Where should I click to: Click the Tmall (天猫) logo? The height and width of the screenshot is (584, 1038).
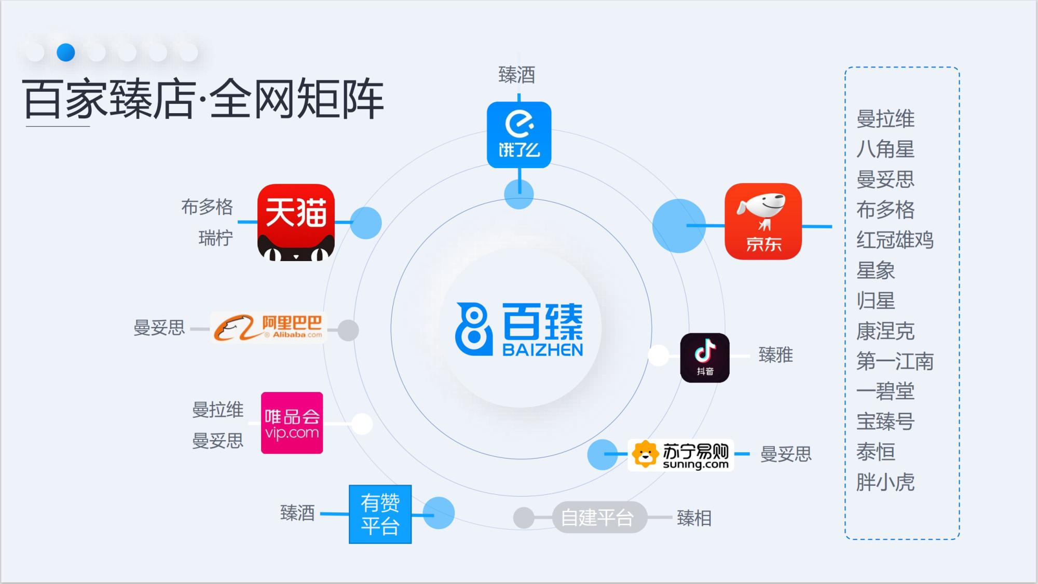[x=296, y=222]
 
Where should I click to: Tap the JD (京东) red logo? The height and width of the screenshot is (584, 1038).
[x=763, y=221]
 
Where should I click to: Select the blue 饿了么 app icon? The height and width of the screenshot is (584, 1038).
[x=519, y=135]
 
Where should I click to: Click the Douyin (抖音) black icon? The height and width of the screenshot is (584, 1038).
[x=705, y=358]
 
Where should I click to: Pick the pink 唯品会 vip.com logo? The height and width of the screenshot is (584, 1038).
[x=292, y=423]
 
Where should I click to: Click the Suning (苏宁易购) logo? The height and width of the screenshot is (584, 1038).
[x=680, y=455]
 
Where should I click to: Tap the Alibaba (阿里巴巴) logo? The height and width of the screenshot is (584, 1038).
[x=269, y=328]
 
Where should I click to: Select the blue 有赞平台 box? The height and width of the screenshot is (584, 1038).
[x=380, y=514]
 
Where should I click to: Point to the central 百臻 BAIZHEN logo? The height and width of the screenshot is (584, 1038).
[x=520, y=329]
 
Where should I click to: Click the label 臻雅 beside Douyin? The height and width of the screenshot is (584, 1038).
[x=775, y=356]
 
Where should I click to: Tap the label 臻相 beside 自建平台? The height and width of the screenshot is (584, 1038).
[x=694, y=518]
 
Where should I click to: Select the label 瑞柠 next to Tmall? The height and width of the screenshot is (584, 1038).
[x=215, y=238]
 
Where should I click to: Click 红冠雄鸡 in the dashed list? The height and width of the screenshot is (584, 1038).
[x=895, y=240]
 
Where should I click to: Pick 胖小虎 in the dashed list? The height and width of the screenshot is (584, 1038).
[x=885, y=482]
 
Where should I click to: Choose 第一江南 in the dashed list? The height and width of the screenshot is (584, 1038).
[x=895, y=361]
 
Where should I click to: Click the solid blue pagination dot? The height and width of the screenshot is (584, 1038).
[x=66, y=52]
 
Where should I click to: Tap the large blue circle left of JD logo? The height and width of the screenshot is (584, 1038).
[x=678, y=226]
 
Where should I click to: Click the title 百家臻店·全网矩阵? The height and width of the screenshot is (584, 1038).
[x=203, y=99]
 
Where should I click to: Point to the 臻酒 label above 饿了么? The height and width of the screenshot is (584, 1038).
[x=516, y=75]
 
